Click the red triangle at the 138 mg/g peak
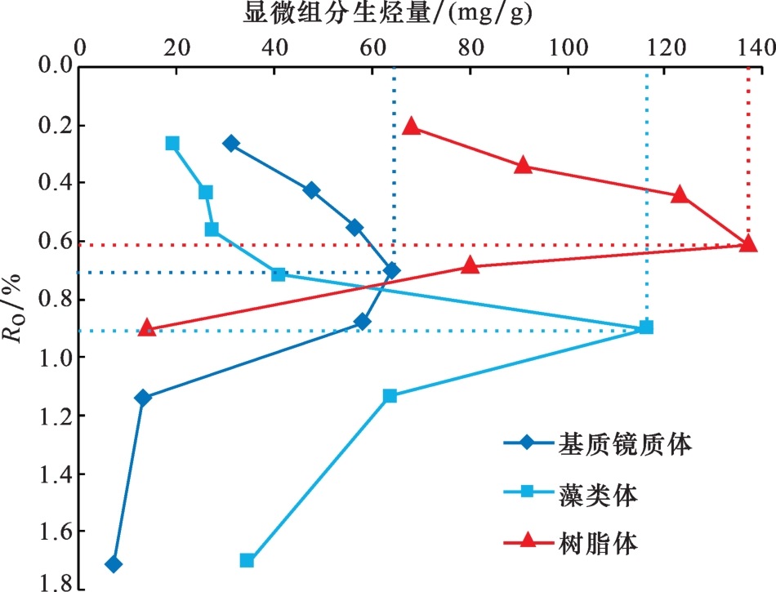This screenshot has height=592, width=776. [747, 243]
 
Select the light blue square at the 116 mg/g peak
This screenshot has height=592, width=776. [646, 327]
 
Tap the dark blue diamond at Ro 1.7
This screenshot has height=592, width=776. [114, 564]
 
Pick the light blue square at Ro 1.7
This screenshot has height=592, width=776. [247, 560]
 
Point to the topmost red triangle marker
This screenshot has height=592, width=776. [411, 126]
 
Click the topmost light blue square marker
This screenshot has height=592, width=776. [172, 143]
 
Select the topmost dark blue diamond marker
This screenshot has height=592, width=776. [231, 143]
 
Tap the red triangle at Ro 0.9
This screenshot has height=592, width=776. [147, 327]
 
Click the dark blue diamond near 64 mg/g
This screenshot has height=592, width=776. [392, 270]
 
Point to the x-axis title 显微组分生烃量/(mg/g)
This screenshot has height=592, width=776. [391, 14]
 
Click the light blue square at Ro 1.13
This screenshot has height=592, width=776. [390, 395]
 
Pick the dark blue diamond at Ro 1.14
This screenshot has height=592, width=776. [143, 398]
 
